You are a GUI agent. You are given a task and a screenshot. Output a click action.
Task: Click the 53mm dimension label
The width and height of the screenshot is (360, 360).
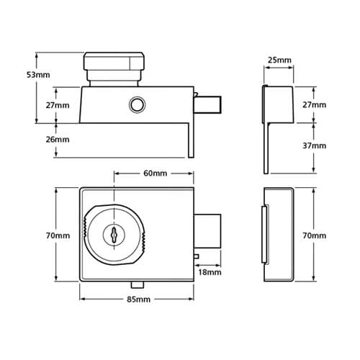38,75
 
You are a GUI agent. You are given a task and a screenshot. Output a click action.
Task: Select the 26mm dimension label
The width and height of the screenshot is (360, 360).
58,140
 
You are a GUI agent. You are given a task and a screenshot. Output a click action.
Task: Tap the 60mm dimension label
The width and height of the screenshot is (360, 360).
155,174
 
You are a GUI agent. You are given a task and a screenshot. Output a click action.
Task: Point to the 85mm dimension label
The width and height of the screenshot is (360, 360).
138,300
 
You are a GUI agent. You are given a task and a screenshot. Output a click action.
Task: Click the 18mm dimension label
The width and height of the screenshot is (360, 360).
210,272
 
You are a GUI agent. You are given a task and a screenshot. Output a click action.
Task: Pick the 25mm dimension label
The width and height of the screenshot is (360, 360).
279,60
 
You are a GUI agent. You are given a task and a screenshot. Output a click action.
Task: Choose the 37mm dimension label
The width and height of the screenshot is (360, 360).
315,145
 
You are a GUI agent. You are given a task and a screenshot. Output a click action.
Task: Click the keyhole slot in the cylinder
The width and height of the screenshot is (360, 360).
114,234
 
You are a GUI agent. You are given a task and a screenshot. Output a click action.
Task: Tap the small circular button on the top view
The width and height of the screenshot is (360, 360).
137,104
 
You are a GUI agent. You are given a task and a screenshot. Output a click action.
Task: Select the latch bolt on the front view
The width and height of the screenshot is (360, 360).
207,231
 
